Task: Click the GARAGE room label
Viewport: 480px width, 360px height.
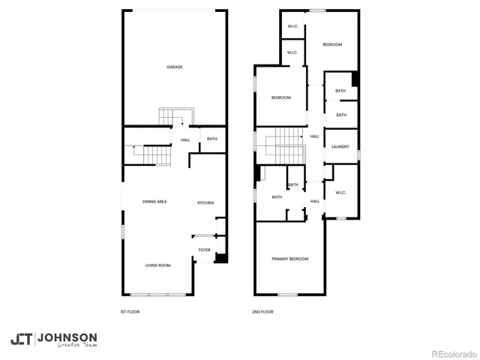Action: pos(175,67)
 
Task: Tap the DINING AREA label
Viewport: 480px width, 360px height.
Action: pos(154,202)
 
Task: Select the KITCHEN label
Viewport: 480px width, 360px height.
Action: pos(205,202)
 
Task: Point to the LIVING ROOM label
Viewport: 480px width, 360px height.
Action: pos(157,265)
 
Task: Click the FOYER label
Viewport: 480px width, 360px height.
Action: pos(204,250)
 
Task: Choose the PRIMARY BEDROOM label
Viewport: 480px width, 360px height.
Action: pos(289,259)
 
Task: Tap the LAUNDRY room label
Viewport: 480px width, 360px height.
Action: pos(340,146)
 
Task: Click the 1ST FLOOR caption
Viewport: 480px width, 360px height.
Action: pos(130,311)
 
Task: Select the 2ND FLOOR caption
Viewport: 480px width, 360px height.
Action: pos(263,311)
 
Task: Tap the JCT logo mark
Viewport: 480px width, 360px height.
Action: pos(21,339)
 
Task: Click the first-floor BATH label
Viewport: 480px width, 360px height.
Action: pos(212,139)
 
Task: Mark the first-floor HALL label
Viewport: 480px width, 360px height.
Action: pos(185,139)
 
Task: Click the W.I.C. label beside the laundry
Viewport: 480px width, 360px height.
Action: pos(340,193)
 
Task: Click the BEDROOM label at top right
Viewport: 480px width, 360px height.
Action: pos(332,45)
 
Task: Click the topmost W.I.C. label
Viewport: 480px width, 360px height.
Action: pos(292,27)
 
